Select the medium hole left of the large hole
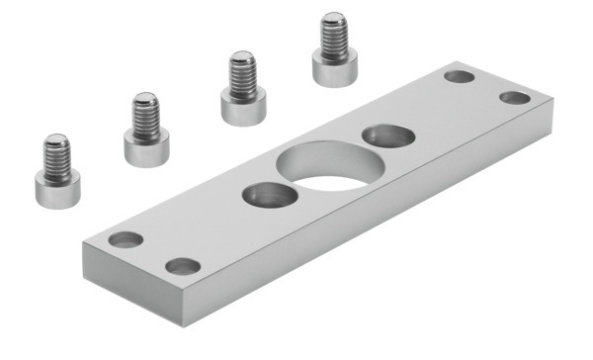(x=264, y=194)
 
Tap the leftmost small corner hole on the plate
(x=125, y=239)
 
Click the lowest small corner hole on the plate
(x=181, y=265)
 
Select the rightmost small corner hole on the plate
(x=513, y=97)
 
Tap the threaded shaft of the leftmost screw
(x=57, y=153)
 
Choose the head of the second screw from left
(x=146, y=146)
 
